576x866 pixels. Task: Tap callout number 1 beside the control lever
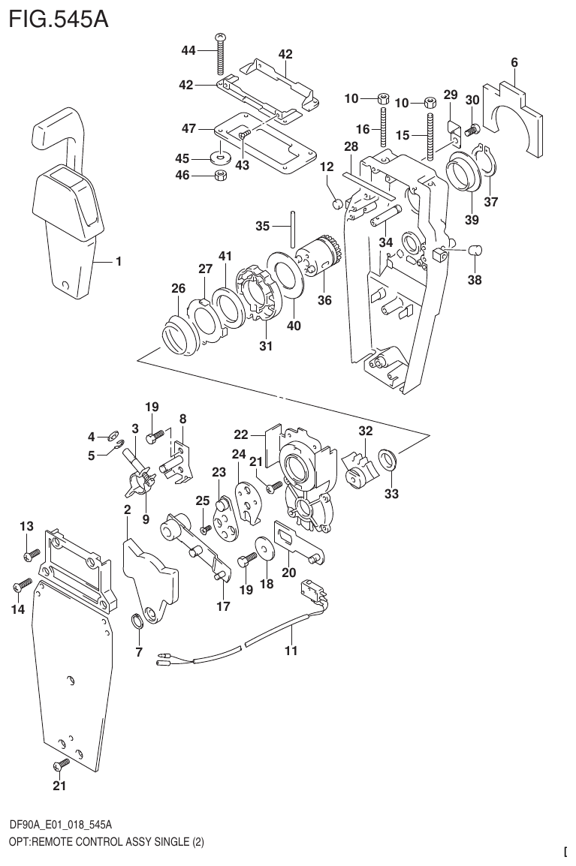coord(118,262)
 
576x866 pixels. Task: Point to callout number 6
coord(514,63)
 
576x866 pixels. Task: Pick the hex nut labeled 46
coord(222,176)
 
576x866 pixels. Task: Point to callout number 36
coord(325,299)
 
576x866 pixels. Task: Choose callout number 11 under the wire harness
coord(291,651)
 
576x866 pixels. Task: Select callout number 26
coord(177,288)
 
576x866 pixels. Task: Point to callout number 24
coord(239,454)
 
